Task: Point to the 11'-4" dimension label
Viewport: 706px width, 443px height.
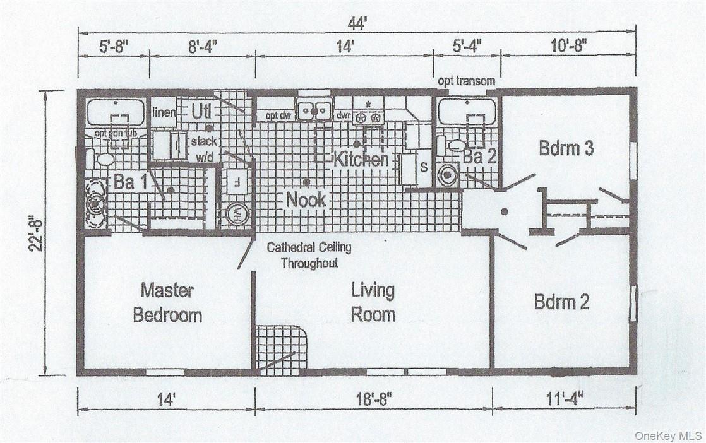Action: click(562, 398)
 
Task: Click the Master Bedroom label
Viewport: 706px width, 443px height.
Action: click(167, 303)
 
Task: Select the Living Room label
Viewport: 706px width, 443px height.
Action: click(373, 303)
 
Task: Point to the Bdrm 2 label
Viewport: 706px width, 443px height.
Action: click(561, 302)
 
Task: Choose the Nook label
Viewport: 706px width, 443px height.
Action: click(306, 199)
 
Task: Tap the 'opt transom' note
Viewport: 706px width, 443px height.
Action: click(467, 82)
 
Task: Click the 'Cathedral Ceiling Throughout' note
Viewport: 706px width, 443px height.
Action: click(309, 255)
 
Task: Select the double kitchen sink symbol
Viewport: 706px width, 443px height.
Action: click(314, 110)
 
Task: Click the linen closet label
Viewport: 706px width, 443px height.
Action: click(164, 112)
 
